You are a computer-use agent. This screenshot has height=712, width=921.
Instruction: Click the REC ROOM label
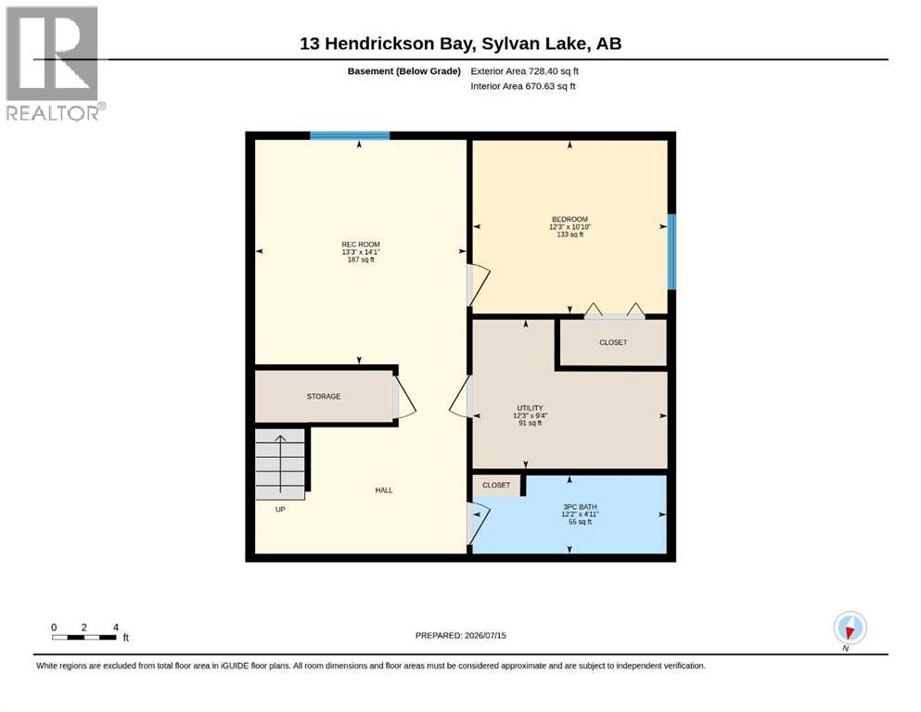[x=361, y=244]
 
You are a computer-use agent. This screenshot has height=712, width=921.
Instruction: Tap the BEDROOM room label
[x=569, y=219]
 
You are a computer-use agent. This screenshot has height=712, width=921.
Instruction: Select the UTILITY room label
[x=530, y=408]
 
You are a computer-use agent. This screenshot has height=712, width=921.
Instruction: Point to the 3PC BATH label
[x=580, y=506]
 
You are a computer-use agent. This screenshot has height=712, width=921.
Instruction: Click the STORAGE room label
[x=324, y=396]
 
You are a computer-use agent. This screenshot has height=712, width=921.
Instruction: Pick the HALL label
[x=384, y=490]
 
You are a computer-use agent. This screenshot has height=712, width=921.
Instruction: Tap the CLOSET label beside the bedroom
[x=613, y=342]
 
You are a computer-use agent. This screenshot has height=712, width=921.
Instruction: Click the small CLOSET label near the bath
[x=496, y=485]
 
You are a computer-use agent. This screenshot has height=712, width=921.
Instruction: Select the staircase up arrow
[x=281, y=464]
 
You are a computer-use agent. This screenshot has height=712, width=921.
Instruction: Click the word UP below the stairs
[x=280, y=510]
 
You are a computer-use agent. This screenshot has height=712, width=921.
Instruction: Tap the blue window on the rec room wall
[x=350, y=135]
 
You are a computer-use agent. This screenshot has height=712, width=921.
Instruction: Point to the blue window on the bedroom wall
[x=672, y=252]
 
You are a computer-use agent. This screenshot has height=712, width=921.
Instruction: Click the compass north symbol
[x=850, y=629]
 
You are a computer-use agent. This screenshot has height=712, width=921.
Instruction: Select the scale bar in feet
[x=84, y=637]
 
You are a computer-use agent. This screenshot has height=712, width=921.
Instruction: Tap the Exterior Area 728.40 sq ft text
[x=525, y=71]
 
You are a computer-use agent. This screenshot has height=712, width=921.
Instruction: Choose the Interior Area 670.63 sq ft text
[x=523, y=86]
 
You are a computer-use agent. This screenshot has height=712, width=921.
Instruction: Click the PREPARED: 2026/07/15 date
[x=460, y=635]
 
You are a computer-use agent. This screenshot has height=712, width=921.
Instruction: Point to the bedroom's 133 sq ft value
[x=569, y=235]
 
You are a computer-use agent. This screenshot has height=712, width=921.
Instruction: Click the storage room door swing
[x=404, y=398]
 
